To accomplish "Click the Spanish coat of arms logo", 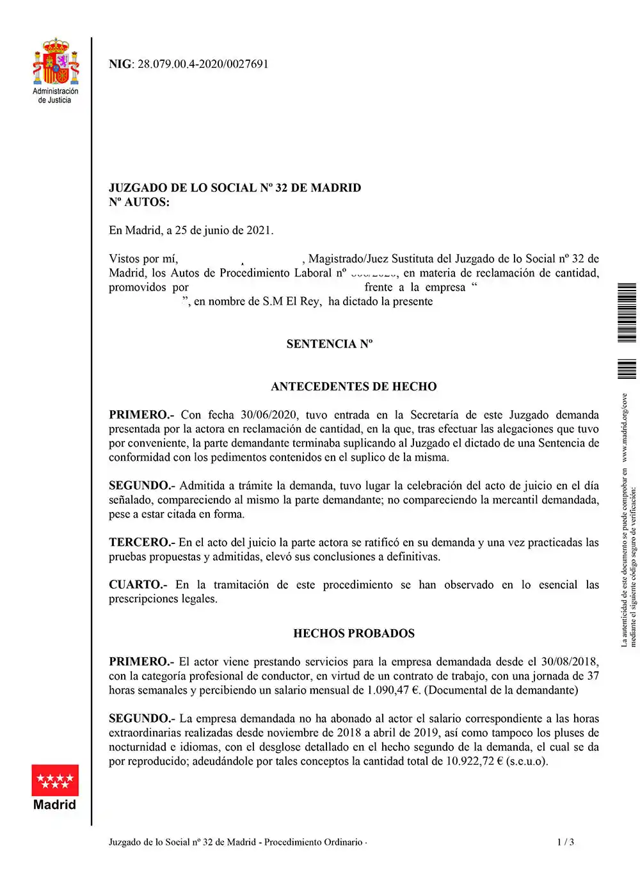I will (x=56, y=62).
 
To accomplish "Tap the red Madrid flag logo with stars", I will (x=55, y=779).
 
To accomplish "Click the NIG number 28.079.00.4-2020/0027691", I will (x=203, y=64).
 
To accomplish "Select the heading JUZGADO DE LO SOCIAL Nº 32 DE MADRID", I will (x=235, y=188).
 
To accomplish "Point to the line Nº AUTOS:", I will (x=140, y=202).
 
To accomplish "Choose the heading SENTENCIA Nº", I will (x=329, y=344).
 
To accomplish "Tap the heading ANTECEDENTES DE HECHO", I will (x=353, y=387).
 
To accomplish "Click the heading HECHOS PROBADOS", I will (x=353, y=634).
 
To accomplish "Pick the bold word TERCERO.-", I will (x=141, y=543).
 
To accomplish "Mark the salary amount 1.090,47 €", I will (x=393, y=690).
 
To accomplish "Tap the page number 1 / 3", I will (x=565, y=842).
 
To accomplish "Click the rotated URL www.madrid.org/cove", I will (x=625, y=428).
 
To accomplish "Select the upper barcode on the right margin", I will (x=627, y=312).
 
